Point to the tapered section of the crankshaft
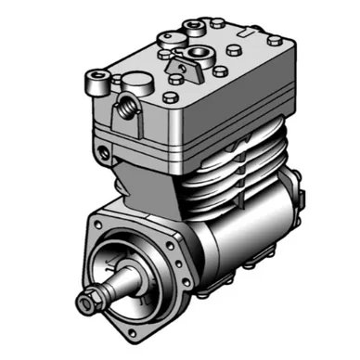[117, 282]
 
